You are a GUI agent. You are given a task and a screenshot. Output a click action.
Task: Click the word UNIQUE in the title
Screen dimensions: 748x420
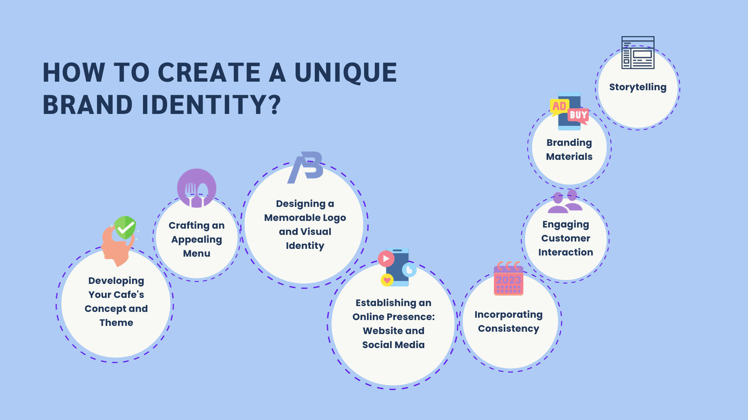[x=346, y=73]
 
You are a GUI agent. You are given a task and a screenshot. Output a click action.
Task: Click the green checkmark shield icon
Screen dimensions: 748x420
[x=125, y=227]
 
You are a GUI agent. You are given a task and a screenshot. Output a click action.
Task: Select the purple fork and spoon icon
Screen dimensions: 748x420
[x=197, y=188]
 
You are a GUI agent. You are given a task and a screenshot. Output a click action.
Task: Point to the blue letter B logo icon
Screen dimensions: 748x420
[x=305, y=167]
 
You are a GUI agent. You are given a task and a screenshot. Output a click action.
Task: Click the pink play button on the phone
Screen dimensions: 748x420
[x=386, y=259]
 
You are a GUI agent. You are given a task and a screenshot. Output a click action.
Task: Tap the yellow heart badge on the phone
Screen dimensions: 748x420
[x=387, y=280]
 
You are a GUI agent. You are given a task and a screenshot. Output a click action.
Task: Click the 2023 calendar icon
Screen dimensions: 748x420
[x=508, y=278]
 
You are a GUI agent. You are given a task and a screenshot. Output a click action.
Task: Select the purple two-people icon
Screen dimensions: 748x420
[x=565, y=201]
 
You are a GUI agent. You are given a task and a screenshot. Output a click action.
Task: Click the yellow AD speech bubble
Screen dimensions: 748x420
[x=559, y=107]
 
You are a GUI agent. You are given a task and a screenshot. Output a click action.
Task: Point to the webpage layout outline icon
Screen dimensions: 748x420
[x=638, y=52]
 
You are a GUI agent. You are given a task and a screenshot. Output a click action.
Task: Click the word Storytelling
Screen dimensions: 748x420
[x=638, y=87]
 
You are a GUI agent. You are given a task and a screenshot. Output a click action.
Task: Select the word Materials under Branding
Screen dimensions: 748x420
[x=569, y=157]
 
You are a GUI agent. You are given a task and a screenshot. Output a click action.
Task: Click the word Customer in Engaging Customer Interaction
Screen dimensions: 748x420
[x=566, y=238]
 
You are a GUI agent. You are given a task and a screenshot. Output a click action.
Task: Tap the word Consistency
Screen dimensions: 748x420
[x=509, y=329]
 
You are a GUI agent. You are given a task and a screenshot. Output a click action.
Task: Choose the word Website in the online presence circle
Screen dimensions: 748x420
[x=382, y=331]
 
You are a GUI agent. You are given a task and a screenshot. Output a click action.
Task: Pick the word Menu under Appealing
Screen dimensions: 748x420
[x=197, y=254]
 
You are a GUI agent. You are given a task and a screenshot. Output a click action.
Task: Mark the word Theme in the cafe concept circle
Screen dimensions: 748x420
[x=116, y=323]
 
